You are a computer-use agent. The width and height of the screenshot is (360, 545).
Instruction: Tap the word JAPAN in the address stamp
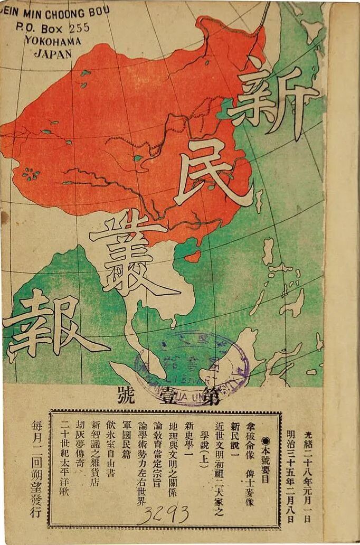[x=53, y=53]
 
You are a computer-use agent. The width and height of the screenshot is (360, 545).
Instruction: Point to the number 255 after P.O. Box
[x=78, y=28]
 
